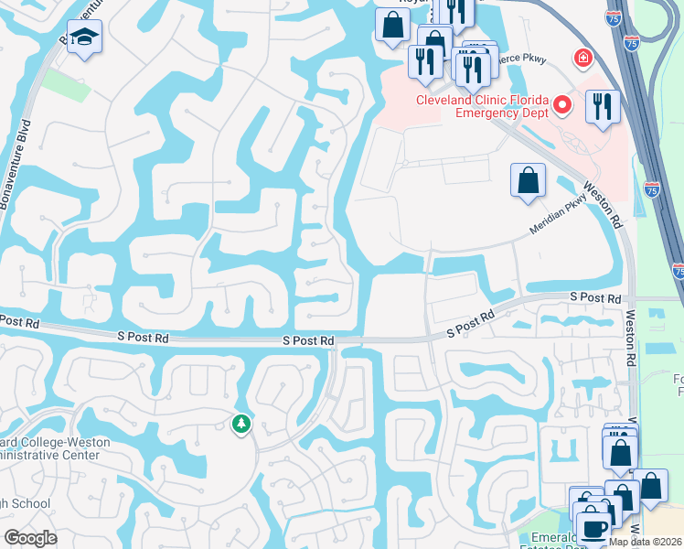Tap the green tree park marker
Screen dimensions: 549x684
[241, 424]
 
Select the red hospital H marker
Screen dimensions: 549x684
[582, 59]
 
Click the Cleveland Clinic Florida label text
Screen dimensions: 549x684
[482, 100]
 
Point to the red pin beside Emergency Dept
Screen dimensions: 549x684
[564, 105]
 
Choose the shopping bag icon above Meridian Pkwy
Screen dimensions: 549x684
[529, 179]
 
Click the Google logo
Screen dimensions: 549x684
[30, 538]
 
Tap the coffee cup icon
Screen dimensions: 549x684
[593, 529]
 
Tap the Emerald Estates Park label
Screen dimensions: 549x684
[547, 540]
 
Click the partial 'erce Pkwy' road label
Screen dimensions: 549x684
[522, 59]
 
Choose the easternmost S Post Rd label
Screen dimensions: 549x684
[595, 298]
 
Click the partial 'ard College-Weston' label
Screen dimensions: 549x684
[55, 443]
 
